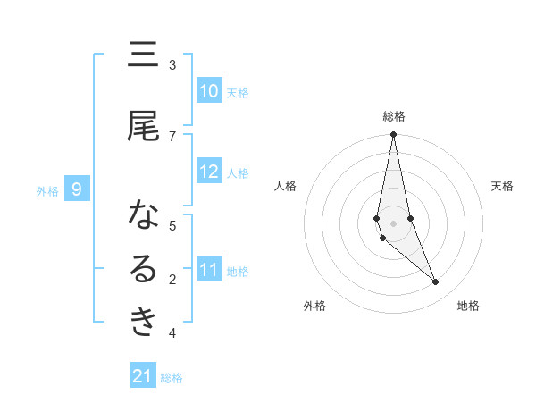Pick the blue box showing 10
tap(208, 91)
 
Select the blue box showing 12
tap(208, 172)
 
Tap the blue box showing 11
tap(208, 270)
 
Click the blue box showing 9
tap(78, 189)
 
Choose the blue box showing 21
tap(143, 377)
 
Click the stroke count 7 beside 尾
tap(172, 136)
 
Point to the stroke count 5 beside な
tap(172, 225)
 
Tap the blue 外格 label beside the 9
tap(46, 190)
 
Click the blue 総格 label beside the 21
tap(172, 378)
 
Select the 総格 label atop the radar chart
tap(393, 116)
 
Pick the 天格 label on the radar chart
tap(503, 186)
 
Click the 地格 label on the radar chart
tap(468, 306)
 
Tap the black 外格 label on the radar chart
tap(314, 306)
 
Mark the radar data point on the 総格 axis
tap(393, 135)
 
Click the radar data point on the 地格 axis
tap(436, 282)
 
